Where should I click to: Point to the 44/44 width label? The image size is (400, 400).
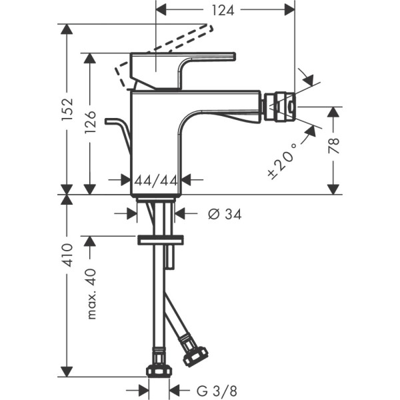pyautogui.click(x=155, y=180)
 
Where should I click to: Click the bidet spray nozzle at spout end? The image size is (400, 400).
pyautogui.click(x=280, y=107)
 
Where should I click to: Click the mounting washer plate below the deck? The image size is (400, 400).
pyautogui.click(x=160, y=239)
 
